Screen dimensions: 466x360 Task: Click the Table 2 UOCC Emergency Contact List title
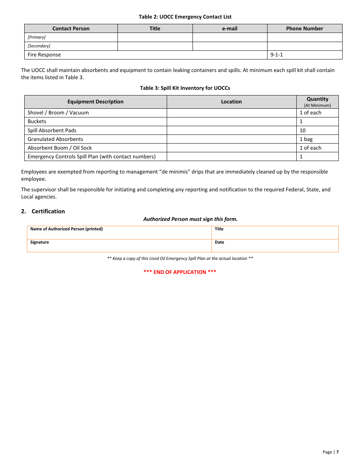coord(185,17)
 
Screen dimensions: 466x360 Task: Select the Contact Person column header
coord(71,28)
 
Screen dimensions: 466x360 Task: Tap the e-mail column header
coord(230,28)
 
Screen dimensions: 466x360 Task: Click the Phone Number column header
coord(304,28)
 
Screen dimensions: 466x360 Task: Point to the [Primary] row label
coord(36,37)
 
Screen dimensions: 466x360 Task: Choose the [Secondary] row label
coord(39,46)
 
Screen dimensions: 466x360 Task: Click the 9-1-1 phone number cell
coord(277,55)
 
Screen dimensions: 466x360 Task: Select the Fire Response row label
coord(44,55)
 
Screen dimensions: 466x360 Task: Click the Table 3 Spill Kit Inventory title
coord(185,88)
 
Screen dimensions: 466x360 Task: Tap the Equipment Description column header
coord(95,102)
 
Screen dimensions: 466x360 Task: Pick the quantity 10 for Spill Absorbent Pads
coord(302,130)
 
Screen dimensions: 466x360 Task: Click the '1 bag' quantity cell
coord(306,139)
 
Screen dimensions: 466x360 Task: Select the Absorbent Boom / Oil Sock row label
coord(59,148)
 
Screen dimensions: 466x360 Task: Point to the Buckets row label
coord(37,121)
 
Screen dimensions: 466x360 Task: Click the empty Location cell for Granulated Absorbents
coord(231,139)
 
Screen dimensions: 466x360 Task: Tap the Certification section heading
coord(48,211)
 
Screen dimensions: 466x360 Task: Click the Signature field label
coord(39,242)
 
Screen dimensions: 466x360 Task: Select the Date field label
coord(219,242)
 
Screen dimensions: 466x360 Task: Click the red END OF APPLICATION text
coord(180,272)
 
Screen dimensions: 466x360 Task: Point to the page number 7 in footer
coord(337,452)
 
